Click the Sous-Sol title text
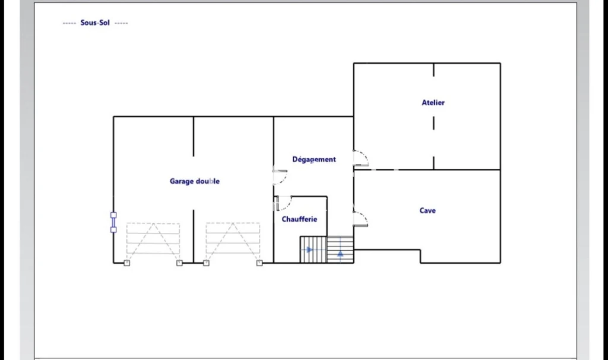95,23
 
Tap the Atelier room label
433,102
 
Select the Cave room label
427,210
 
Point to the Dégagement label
314,159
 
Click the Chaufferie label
299,219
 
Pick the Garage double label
195,181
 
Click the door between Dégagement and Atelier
360,158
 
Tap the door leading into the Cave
360,219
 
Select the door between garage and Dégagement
280,177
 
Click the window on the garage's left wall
113,222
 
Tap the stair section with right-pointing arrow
313,250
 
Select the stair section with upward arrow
340,250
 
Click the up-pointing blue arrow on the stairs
340,253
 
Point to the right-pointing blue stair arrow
309,250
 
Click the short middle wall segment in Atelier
433,124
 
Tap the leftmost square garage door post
127,263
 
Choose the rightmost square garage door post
259,263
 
